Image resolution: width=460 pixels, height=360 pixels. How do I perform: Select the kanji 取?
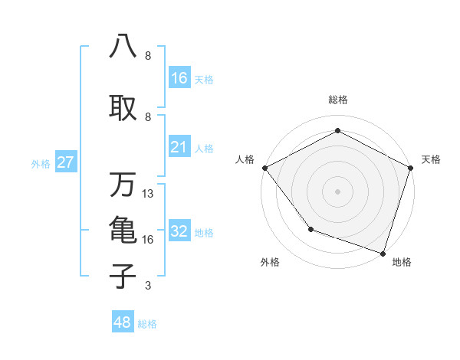[x=123, y=107]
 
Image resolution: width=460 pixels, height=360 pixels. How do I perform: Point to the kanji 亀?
[x=123, y=230]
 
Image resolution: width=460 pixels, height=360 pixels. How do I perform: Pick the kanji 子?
[x=123, y=276]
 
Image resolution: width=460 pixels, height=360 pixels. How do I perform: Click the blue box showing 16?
[x=179, y=78]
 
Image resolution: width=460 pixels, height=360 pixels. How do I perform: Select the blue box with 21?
[x=179, y=147]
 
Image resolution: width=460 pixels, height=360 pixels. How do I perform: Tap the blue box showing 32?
[x=179, y=231]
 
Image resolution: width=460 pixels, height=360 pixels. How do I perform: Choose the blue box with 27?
[x=65, y=162]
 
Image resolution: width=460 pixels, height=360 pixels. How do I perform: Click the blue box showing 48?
[x=123, y=322]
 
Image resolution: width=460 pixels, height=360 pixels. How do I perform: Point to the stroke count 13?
[x=148, y=194]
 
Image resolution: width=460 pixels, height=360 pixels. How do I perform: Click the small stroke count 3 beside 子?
[x=148, y=286]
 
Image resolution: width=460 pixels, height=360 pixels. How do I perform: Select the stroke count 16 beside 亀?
[x=148, y=240]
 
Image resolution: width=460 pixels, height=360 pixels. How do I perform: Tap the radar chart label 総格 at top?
[x=337, y=100]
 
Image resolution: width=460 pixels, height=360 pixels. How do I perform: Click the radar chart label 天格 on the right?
[x=431, y=159]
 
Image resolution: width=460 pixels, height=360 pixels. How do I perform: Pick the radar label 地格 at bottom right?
[x=402, y=262]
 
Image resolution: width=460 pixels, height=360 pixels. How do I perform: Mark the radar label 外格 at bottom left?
[x=270, y=262]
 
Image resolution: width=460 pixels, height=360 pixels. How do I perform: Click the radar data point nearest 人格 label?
[x=264, y=167]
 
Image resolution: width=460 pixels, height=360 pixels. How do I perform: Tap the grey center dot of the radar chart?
[x=337, y=191]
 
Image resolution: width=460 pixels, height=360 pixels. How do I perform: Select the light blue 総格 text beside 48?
[x=147, y=323]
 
